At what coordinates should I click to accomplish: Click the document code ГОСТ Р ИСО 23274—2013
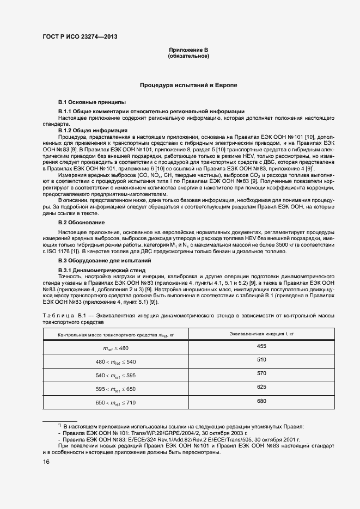tap(80, 37)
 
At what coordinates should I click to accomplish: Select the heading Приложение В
tap(188, 50)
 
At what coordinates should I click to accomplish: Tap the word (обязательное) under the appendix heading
tap(188, 56)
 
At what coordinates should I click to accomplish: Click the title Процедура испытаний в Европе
tap(188, 85)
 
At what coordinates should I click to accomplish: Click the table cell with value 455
tap(261, 346)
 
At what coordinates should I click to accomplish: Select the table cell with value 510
tap(261, 360)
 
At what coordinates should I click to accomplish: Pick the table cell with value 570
tap(261, 373)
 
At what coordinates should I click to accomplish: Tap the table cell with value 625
tap(261, 387)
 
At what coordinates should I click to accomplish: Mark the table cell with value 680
tap(261, 401)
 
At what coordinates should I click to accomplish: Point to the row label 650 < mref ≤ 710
tap(115, 403)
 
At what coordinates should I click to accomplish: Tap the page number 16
tap(46, 462)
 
